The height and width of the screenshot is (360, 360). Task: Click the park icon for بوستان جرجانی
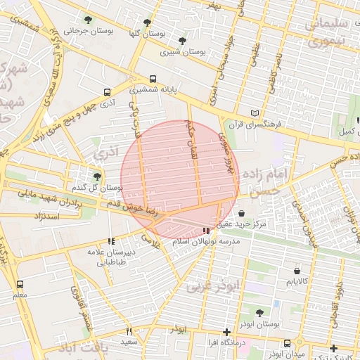[x=88, y=20]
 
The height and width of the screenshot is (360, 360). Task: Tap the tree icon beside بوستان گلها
[x=146, y=22]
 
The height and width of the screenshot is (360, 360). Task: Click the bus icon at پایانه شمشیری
[x=153, y=79]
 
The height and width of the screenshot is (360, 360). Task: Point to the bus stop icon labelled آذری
[x=107, y=91]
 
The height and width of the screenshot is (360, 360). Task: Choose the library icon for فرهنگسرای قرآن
[x=255, y=113]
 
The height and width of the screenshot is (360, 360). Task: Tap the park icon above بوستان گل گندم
[x=97, y=176]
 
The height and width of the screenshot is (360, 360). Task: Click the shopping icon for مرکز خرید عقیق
[x=242, y=213]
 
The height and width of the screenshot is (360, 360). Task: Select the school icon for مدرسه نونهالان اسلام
[x=206, y=230]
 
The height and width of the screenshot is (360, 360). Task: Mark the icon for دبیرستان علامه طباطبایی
[x=111, y=240]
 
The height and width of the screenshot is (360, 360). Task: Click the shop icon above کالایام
[x=297, y=270]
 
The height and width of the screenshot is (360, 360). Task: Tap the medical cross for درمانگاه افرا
[x=226, y=331]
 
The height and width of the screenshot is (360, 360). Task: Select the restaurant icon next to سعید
[x=129, y=330]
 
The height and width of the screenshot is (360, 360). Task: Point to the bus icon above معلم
[x=20, y=284]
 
